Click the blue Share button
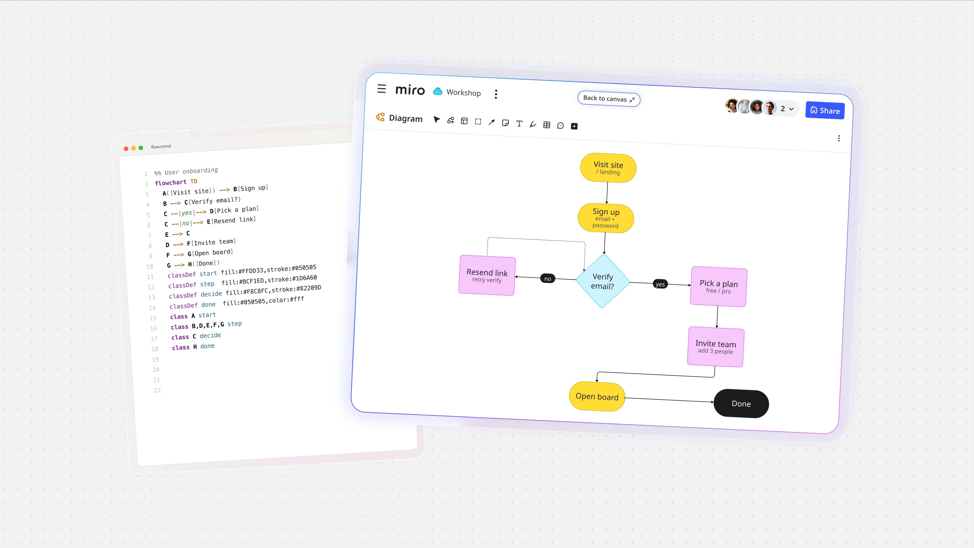[x=825, y=110]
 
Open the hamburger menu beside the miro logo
[x=382, y=89]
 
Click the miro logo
[x=410, y=90]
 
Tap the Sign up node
[x=606, y=218]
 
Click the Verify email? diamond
[x=603, y=281]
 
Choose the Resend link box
[x=487, y=275]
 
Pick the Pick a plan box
[x=719, y=287]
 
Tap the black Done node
[x=741, y=404]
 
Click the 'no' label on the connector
[x=547, y=279]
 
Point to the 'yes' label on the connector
[x=660, y=284]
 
